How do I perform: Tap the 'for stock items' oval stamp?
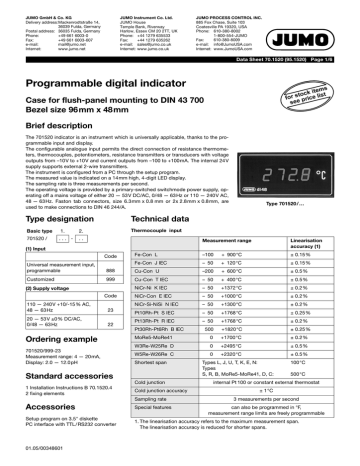[x=313, y=73]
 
